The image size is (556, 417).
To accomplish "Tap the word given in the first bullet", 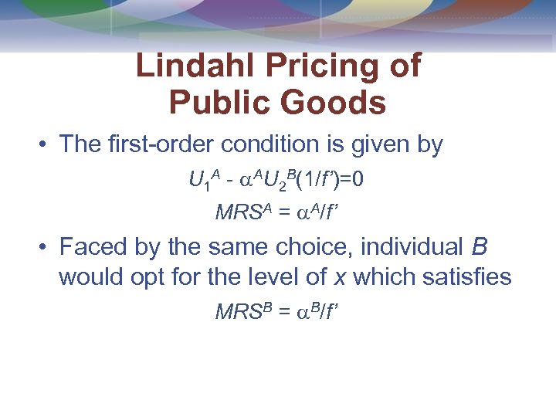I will [x=375, y=144].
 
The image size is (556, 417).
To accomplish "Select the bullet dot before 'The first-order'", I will [x=46, y=144].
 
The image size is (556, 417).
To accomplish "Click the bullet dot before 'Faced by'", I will [x=46, y=248].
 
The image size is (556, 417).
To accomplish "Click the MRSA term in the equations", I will [x=239, y=211].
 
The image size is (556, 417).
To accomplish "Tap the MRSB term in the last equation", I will [x=239, y=312].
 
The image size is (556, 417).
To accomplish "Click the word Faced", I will [x=90, y=247].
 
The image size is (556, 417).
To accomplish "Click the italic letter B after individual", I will [x=479, y=247].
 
